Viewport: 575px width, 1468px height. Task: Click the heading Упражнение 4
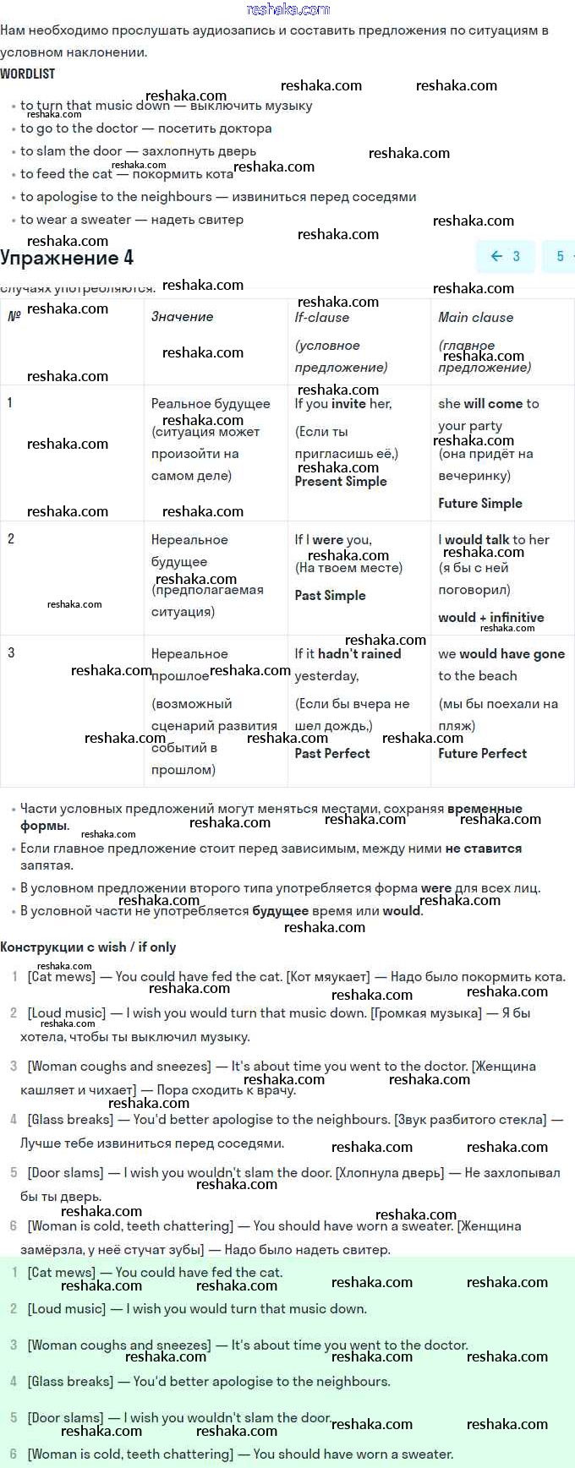click(x=67, y=258)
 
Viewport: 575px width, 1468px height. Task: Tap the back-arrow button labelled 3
click(x=506, y=256)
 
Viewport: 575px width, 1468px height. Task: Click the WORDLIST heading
click(x=28, y=74)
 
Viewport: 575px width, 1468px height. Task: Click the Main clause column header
click(x=475, y=317)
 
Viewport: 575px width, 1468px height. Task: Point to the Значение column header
click(x=182, y=316)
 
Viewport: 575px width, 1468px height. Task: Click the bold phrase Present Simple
click(x=340, y=481)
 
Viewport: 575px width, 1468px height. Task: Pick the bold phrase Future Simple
click(x=479, y=503)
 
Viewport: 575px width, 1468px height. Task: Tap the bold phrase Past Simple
click(x=330, y=595)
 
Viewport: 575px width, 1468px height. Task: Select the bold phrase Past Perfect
click(x=331, y=753)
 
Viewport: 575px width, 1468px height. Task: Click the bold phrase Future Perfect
click(x=482, y=753)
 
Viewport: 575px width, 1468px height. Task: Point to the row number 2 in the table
click(x=11, y=538)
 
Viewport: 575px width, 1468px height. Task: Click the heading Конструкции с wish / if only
click(x=88, y=947)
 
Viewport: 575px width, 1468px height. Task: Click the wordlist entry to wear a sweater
click(x=75, y=219)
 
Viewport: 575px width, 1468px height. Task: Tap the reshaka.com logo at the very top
click(x=287, y=9)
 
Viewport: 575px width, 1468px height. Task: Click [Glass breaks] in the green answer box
click(x=70, y=1381)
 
